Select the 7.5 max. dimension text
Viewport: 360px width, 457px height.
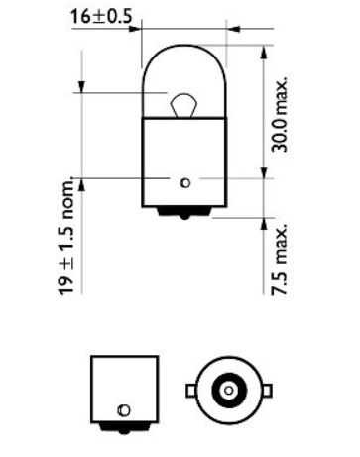click(282, 260)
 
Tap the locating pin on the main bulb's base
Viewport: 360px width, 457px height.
click(184, 180)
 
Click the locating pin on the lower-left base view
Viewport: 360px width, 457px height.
click(122, 409)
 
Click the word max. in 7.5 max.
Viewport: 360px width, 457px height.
click(282, 245)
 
